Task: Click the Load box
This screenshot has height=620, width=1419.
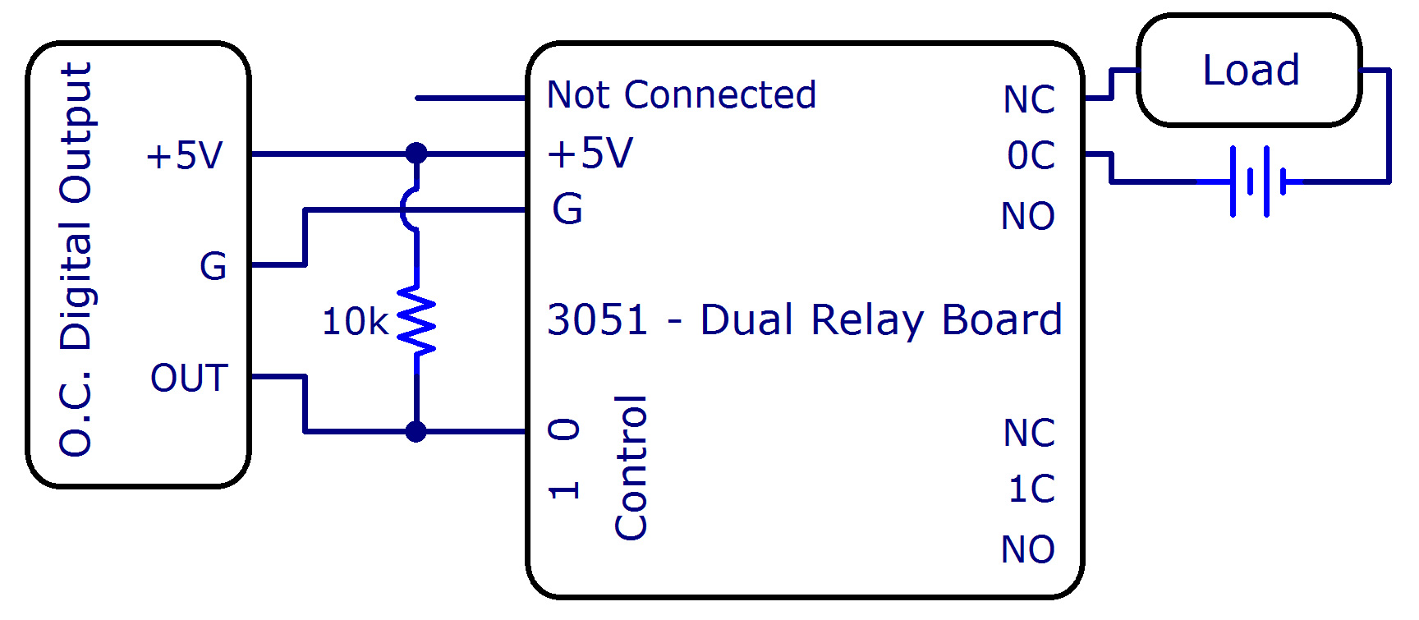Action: (x=1249, y=71)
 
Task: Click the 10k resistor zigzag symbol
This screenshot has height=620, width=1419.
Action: (x=416, y=320)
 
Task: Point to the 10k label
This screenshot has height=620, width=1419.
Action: (x=355, y=321)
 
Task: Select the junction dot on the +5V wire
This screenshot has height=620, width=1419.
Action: (x=416, y=154)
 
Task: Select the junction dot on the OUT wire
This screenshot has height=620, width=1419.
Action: (x=416, y=430)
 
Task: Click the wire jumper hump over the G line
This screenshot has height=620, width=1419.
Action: (x=407, y=209)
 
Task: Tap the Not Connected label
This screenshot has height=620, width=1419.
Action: (x=682, y=95)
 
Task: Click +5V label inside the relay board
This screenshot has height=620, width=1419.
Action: (x=590, y=154)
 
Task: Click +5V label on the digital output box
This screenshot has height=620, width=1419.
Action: (x=185, y=155)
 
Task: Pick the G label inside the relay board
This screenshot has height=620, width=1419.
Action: (x=567, y=209)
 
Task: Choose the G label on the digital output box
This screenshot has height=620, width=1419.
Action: (x=214, y=266)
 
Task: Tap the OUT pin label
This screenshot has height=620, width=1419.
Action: (x=189, y=378)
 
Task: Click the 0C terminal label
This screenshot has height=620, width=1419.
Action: (x=1031, y=155)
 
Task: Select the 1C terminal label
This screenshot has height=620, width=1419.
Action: (x=1031, y=489)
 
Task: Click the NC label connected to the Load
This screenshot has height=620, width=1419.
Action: (x=1029, y=99)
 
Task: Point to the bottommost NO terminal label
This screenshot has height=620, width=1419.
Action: (x=1028, y=549)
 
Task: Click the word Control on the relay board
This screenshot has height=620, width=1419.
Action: (x=631, y=467)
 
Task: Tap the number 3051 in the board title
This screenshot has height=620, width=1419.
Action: (x=598, y=319)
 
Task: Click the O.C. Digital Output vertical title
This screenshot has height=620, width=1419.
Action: (x=76, y=259)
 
